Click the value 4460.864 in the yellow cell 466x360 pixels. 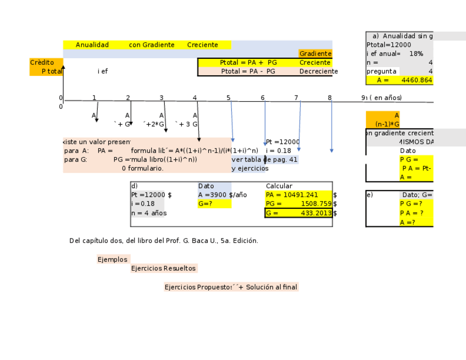tap(417, 80)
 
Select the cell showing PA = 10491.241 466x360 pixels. tap(298, 195)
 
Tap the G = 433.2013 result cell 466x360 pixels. tap(298, 213)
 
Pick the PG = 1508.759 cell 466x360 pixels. tap(298, 204)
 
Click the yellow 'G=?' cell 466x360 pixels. tap(214, 204)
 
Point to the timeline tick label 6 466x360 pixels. tap(263, 98)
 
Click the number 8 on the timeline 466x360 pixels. tap(330, 98)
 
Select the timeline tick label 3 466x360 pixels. tap(162, 98)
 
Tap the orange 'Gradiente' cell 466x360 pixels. tap(315, 54)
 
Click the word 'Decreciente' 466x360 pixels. tap(318, 71)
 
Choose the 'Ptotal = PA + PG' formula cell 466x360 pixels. tap(248, 63)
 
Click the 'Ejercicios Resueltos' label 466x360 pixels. tap(163, 269)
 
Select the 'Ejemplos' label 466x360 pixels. tap(113, 259)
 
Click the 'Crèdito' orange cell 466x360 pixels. tap(42, 63)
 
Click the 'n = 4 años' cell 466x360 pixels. tap(148, 213)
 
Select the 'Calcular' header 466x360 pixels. tap(279, 186)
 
